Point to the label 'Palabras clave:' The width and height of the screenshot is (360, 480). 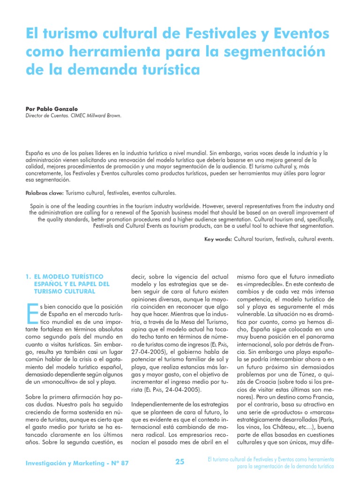(45, 193)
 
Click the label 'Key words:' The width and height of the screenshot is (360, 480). (218, 239)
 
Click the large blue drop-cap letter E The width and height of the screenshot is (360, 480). (32, 314)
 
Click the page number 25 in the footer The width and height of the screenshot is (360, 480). (180, 462)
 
